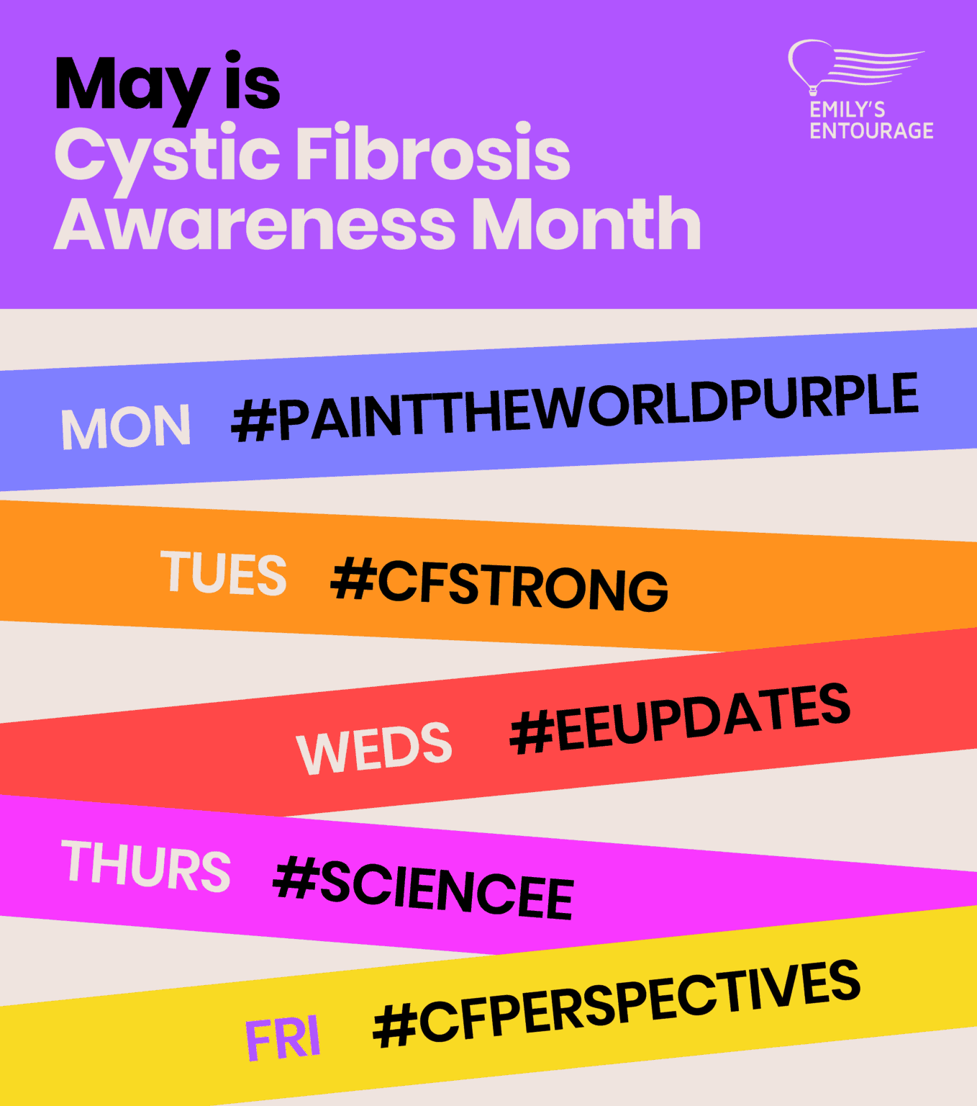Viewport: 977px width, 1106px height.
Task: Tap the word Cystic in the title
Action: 167,155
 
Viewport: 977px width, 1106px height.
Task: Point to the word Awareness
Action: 254,225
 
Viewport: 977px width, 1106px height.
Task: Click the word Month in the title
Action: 586,225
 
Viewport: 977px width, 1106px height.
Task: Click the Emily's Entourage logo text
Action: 871,120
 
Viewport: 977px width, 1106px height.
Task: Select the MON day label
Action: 126,428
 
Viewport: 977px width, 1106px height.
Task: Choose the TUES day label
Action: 224,574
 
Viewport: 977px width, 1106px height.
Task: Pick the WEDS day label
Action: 374,749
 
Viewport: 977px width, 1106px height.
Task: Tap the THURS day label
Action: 147,866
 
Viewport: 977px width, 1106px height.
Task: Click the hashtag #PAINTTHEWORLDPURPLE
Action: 575,407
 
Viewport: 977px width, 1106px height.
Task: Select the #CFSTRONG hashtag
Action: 499,584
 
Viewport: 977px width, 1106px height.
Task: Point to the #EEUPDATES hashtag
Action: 680,718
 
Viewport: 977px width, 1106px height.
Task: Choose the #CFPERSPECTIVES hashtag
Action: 617,1004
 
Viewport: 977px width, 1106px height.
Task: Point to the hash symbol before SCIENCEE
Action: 295,876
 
